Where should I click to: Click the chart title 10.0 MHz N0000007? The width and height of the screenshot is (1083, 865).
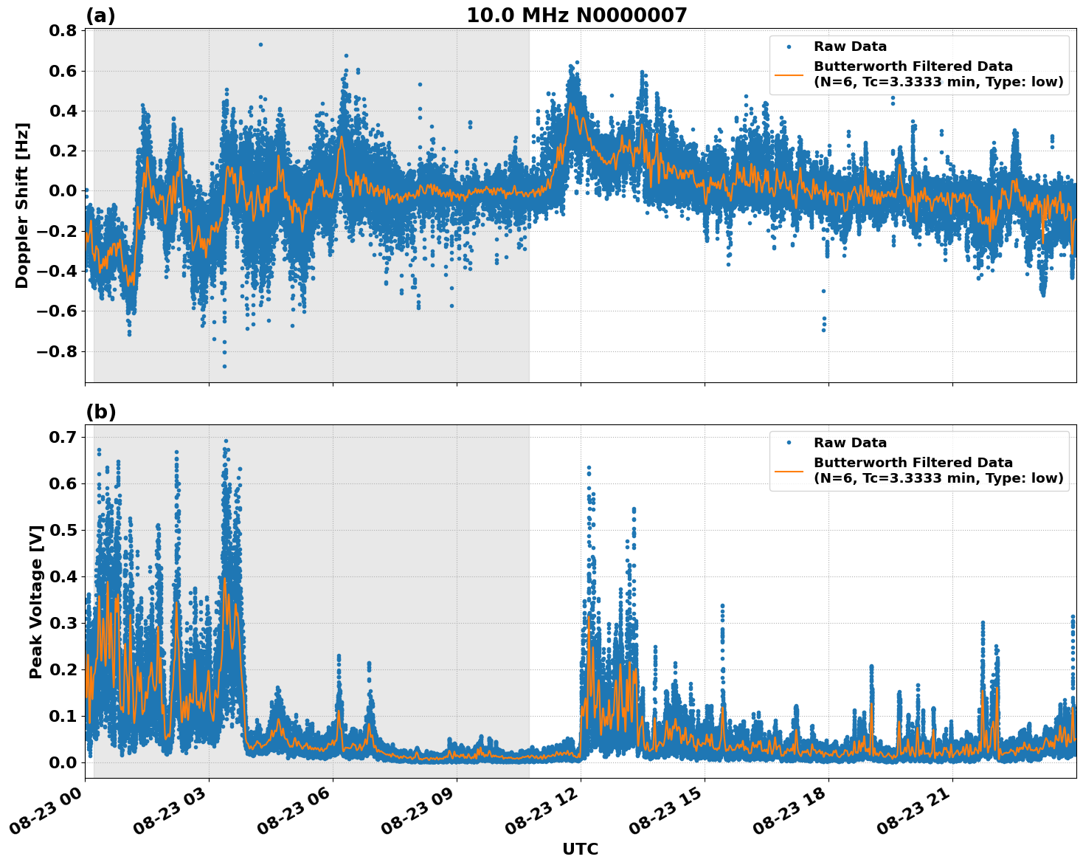tap(576, 15)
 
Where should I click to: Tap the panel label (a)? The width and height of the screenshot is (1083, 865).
tap(100, 15)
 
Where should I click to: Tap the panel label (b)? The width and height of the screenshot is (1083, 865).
tap(100, 412)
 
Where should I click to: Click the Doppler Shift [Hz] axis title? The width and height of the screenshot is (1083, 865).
tap(22, 205)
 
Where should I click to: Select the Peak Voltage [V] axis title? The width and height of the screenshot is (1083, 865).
tap(35, 602)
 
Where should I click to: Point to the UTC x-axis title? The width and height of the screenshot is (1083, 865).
tap(580, 849)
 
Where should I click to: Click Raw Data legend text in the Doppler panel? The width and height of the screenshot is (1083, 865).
tap(850, 46)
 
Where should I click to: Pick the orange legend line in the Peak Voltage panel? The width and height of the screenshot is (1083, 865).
tap(789, 471)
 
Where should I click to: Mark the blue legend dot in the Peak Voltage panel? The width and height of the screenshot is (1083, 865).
tap(789, 443)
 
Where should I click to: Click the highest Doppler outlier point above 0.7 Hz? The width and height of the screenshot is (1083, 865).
tap(260, 44)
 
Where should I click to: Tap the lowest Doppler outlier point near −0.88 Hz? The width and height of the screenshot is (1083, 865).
tap(224, 366)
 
